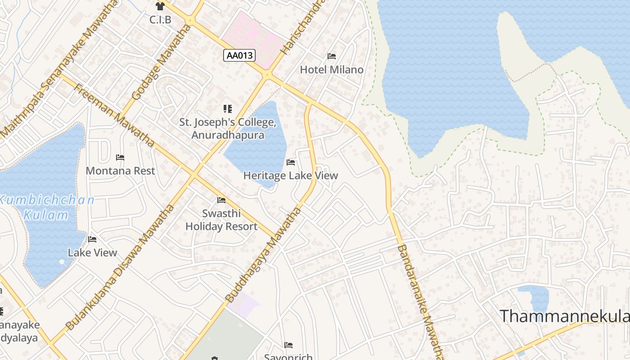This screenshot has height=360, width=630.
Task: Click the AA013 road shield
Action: click(239, 55)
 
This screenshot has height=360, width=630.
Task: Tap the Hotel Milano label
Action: click(332, 70)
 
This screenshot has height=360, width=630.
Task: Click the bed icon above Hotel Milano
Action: click(332, 56)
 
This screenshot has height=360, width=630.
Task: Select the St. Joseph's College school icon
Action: click(228, 108)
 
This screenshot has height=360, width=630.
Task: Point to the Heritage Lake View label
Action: click(290, 175)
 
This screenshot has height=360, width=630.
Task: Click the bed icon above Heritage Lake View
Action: click(291, 162)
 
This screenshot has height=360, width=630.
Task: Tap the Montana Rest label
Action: click(120, 171)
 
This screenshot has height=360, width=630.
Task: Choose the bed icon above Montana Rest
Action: click(120, 157)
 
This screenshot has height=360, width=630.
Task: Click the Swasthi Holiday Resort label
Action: click(221, 220)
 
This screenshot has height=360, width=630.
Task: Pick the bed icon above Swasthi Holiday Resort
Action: click(221, 200)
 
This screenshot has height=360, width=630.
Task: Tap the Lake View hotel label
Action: click(92, 253)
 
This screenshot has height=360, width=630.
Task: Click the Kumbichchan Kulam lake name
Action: click(47, 207)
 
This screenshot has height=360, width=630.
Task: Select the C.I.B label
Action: click(160, 20)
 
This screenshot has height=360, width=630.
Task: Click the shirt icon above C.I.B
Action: click(160, 6)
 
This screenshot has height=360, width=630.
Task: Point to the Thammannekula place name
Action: click(565, 316)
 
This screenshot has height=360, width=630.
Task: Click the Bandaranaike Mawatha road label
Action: click(421, 301)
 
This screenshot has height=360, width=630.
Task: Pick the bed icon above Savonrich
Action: click(288, 345)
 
